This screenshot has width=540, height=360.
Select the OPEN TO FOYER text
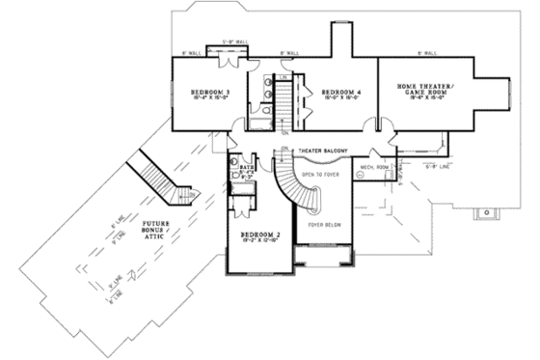point(321,174)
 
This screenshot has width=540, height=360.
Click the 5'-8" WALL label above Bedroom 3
point(235,42)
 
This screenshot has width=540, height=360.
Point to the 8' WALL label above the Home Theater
point(425,52)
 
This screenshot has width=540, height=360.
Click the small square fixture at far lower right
point(487,210)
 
